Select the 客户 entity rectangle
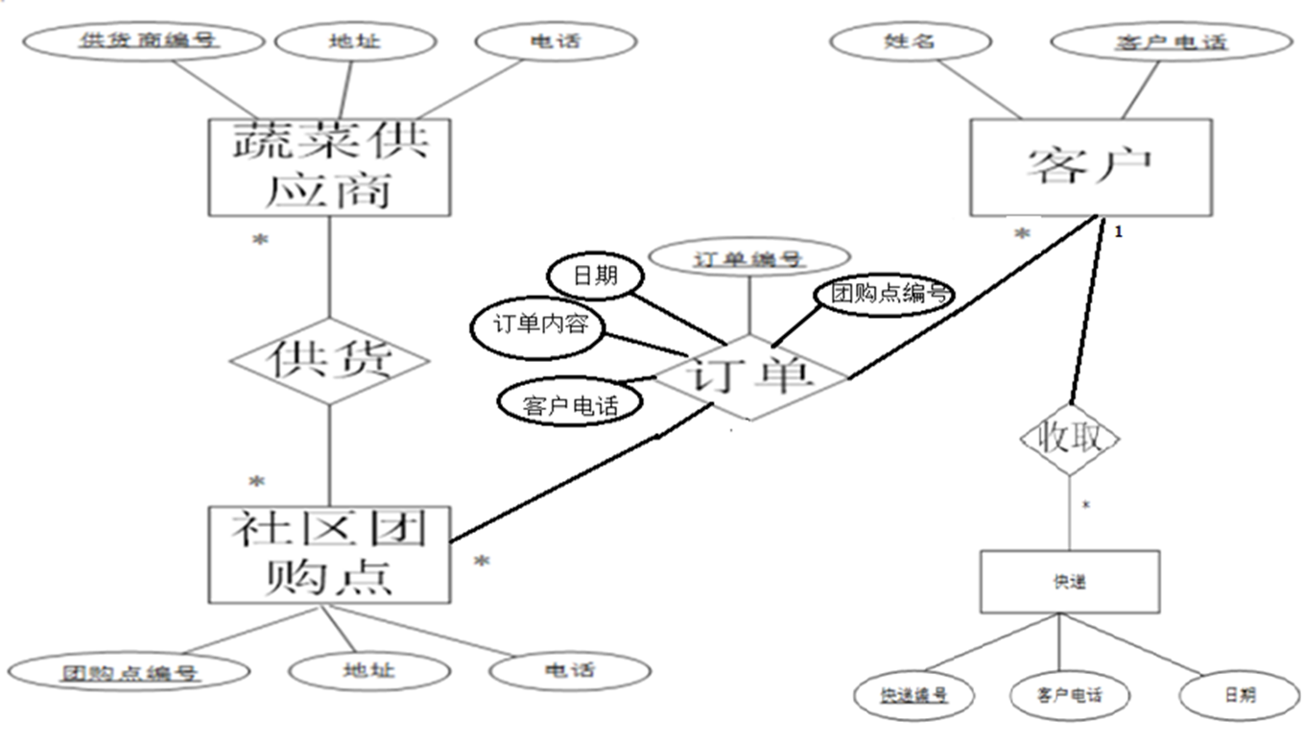1090,167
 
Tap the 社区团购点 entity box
329,555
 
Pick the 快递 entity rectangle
1069,582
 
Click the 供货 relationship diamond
329,361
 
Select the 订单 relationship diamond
749,377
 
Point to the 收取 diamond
1069,439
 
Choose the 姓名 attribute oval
910,41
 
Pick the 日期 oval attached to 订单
595,277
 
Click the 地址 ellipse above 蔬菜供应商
343,41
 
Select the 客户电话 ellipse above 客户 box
1172,42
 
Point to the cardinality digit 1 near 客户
1117,231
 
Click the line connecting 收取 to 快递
1069,514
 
